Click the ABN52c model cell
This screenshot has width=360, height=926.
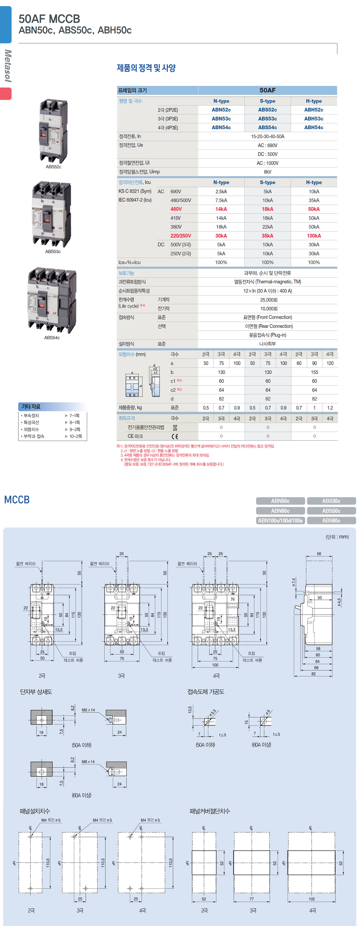pyautogui.click(x=221, y=110)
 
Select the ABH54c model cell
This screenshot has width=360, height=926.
pyautogui.click(x=314, y=128)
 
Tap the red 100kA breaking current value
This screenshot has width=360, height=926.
pyautogui.click(x=314, y=236)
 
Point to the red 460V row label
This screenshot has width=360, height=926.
pyautogui.click(x=176, y=209)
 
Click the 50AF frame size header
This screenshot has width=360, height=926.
pyautogui.click(x=267, y=90)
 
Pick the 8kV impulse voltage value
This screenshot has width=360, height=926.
pyautogui.click(x=267, y=172)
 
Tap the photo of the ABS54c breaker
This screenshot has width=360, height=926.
pyautogui.click(x=52, y=300)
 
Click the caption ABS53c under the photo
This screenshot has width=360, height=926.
pyautogui.click(x=53, y=252)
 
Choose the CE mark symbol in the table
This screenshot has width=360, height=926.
pyautogui.click(x=175, y=436)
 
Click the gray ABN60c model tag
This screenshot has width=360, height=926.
pyautogui.click(x=280, y=511)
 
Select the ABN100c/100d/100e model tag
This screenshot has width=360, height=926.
pyautogui.click(x=280, y=520)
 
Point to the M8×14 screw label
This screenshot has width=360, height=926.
pyautogui.click(x=88, y=762)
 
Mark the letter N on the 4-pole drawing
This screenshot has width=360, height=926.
pyautogui.click(x=233, y=599)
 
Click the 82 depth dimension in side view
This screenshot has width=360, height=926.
pyautogui.click(x=314, y=674)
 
